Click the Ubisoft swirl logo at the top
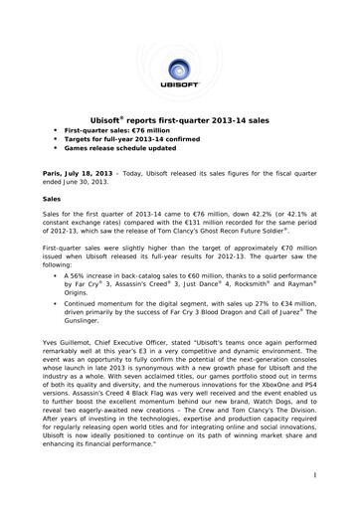click(179, 69)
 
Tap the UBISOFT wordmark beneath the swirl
click(179, 97)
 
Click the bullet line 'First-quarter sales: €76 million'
click(113, 131)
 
